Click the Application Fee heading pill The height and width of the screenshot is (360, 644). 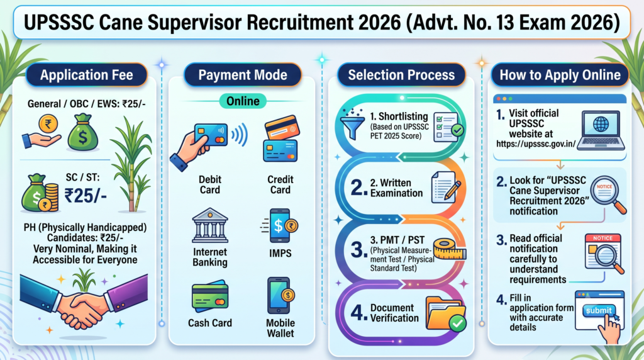[x=86, y=75]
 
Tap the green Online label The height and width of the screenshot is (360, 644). [x=243, y=101]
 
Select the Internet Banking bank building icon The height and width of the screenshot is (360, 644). [x=210, y=225]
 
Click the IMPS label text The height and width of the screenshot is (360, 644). [x=280, y=253]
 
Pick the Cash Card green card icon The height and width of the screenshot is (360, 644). [x=210, y=296]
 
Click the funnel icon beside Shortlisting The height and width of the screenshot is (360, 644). [x=352, y=124]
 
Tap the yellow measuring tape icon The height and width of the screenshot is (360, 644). [x=449, y=249]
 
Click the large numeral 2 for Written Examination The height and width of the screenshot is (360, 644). [x=357, y=188]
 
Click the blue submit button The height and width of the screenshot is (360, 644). [x=599, y=311]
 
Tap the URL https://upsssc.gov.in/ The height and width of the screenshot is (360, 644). [x=536, y=144]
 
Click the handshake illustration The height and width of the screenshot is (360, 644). [x=84, y=301]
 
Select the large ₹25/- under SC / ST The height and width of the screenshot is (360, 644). [x=86, y=195]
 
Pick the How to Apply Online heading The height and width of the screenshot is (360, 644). [x=560, y=75]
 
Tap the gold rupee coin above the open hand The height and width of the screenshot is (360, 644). [x=48, y=123]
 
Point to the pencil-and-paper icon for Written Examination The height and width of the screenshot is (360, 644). [x=445, y=187]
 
